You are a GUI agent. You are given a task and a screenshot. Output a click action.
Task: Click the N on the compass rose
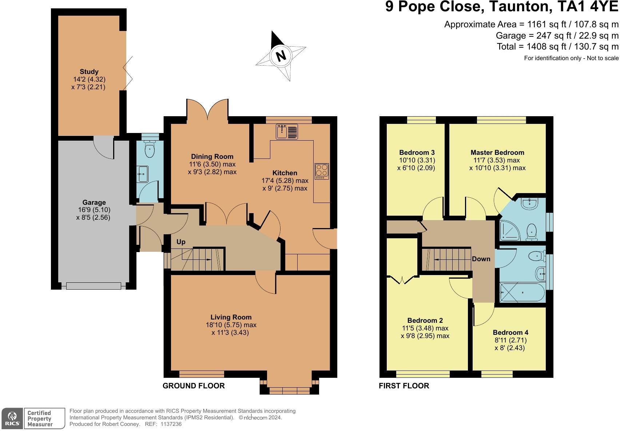click(281, 56)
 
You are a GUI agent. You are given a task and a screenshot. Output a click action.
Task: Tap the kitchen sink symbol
click(287, 132)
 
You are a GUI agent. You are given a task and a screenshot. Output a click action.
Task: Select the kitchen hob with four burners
click(322, 171)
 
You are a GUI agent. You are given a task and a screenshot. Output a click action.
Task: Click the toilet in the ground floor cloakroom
click(150, 149)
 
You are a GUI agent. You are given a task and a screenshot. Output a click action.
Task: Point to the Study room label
click(89, 71)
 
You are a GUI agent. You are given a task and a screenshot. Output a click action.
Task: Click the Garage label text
click(94, 202)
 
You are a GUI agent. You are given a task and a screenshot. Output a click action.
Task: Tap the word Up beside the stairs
click(181, 242)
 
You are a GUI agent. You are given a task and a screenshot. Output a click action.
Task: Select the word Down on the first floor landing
click(481, 259)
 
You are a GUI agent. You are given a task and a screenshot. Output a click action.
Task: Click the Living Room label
click(231, 317)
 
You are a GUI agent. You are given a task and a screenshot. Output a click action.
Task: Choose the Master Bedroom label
click(497, 152)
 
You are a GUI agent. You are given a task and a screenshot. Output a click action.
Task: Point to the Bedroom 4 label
click(510, 332)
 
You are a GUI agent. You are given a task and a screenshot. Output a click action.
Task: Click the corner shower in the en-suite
click(510, 231)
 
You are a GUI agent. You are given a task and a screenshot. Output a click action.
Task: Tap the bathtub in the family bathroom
click(522, 293)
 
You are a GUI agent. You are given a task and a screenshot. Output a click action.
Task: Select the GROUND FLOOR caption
click(194, 386)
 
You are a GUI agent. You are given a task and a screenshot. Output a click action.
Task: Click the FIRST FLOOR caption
click(404, 386)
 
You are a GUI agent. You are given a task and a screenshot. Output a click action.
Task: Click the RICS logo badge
click(12, 419)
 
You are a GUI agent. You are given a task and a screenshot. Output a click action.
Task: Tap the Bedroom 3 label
click(417, 152)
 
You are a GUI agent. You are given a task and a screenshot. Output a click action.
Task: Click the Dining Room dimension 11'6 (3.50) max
click(212, 164)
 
